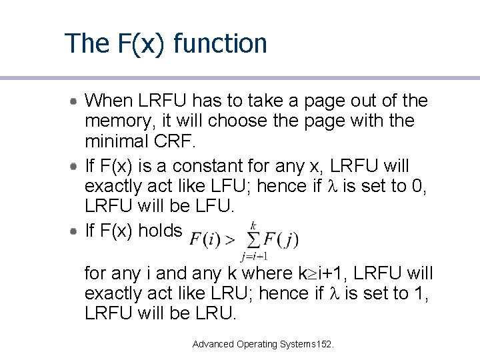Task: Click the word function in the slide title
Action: click(219, 44)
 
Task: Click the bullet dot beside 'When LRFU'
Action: click(76, 101)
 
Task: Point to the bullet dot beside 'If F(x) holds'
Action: click(76, 231)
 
